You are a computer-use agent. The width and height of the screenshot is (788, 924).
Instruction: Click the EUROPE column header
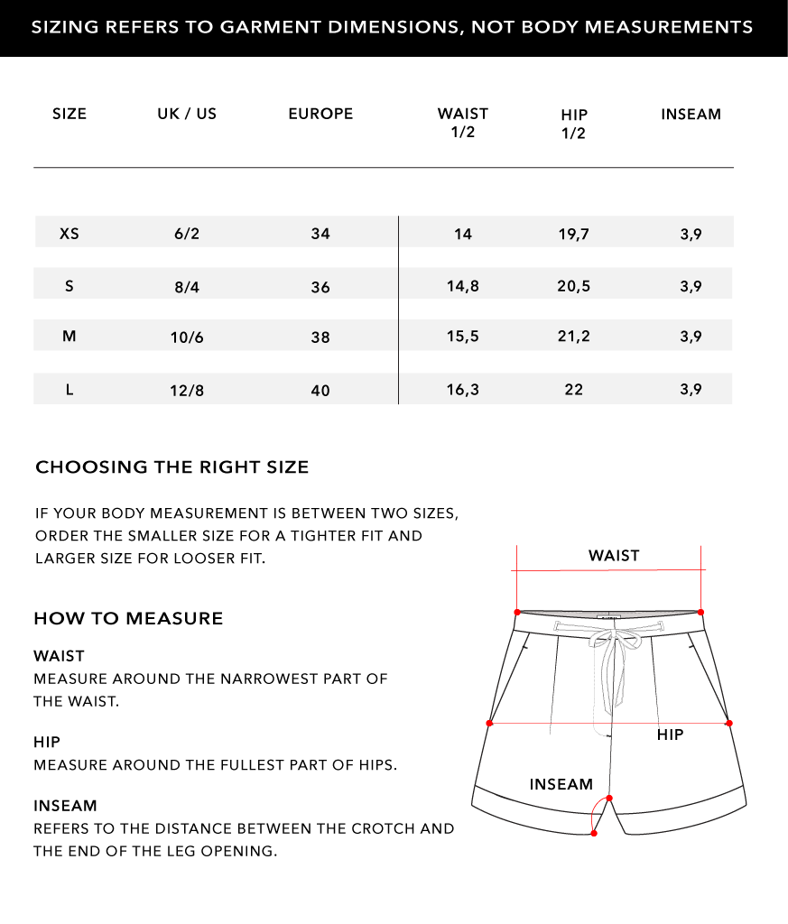320,114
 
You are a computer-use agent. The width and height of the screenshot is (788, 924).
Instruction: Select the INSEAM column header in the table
691,114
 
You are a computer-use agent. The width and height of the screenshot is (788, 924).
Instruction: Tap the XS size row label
70,234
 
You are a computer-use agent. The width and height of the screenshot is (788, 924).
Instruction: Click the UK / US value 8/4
187,287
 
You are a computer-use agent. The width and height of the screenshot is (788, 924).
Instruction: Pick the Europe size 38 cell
320,337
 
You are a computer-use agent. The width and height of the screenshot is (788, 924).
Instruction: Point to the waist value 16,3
463,390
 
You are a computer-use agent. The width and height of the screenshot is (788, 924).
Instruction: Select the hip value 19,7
574,235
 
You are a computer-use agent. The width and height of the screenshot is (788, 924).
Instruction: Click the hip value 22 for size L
574,390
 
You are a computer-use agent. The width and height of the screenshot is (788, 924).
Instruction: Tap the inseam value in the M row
691,337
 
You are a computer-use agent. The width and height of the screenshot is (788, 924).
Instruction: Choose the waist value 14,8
463,287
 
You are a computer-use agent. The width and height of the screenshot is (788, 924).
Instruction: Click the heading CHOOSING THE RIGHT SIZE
172,467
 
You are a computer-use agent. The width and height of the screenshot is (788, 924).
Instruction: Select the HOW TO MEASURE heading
128,619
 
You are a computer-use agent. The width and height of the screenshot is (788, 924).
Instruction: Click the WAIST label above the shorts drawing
614,556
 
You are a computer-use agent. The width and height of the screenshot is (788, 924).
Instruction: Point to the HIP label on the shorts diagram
670,735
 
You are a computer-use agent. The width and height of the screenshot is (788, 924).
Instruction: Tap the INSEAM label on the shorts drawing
561,785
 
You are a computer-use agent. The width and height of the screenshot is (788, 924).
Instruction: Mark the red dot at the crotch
609,798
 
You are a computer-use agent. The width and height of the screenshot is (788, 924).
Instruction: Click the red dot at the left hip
489,723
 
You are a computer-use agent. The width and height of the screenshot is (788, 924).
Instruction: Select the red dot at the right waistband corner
701,611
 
